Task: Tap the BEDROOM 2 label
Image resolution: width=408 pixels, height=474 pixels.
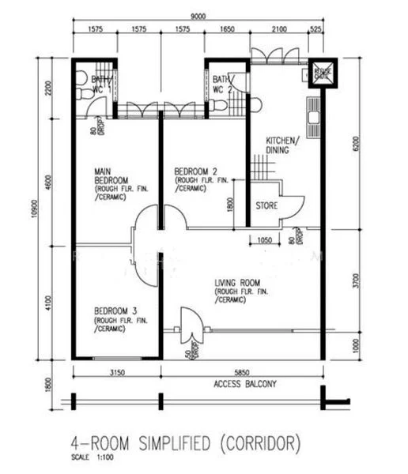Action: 195,172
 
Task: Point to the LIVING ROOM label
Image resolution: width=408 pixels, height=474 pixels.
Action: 242,282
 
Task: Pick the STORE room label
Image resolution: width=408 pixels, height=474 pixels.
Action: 266,207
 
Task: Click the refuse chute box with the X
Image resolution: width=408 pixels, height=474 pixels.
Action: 323,72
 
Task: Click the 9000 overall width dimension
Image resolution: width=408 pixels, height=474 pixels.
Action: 203,13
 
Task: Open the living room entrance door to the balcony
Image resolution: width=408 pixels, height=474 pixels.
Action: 191,325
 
